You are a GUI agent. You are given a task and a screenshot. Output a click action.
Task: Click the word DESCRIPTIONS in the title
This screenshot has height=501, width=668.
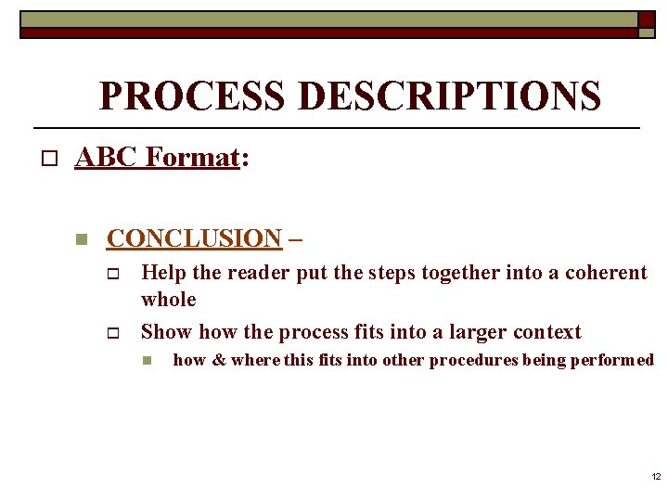[x=444, y=95]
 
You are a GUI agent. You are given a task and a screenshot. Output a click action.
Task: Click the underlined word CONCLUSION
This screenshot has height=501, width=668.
[x=194, y=238]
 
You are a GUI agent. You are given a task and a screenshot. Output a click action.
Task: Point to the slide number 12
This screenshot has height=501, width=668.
[x=656, y=477]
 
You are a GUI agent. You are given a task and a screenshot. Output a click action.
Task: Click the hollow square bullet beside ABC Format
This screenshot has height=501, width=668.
[x=50, y=160]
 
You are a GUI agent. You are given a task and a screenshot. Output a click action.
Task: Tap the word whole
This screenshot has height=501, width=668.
[x=169, y=300]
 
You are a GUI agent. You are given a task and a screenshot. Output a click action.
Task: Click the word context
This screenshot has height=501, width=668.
[x=546, y=332]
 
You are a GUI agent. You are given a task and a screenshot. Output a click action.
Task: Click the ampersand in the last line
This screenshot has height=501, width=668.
[x=219, y=360]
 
